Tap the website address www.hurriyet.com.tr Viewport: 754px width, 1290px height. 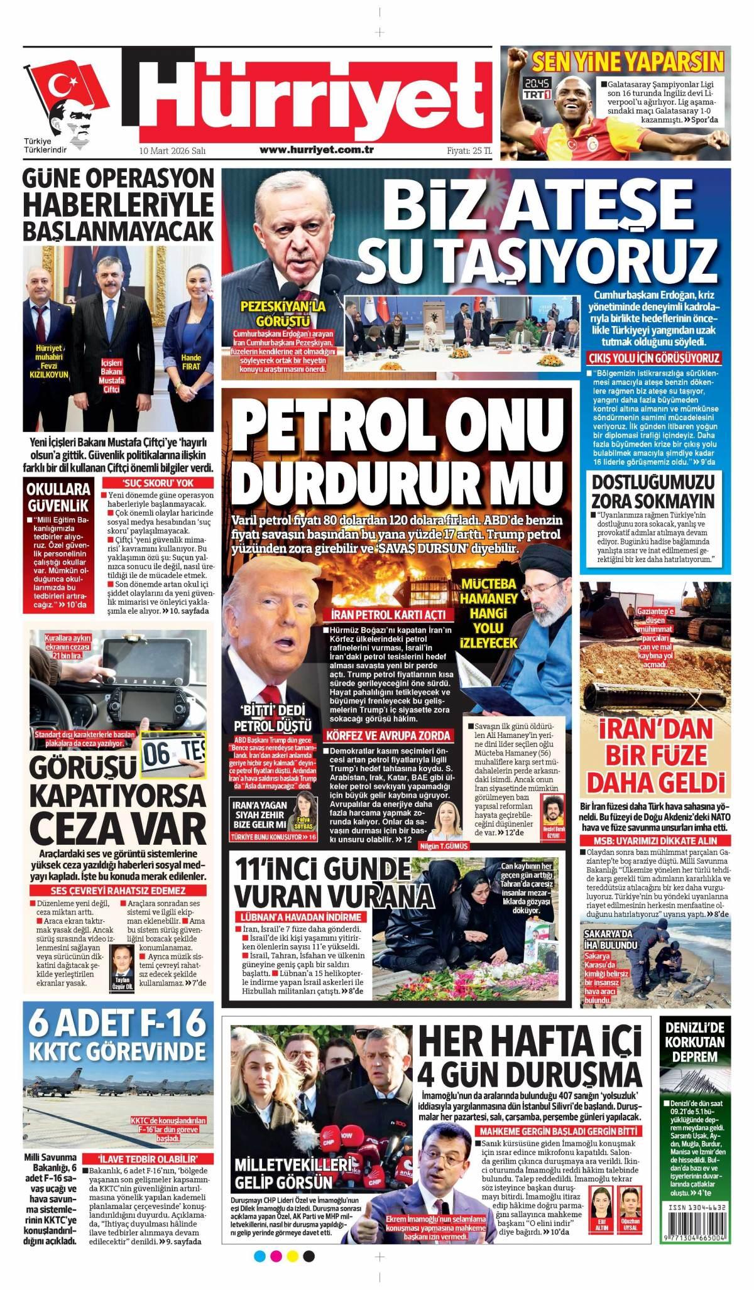pyautogui.click(x=317, y=149)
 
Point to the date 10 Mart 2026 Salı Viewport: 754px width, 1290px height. pyautogui.click(x=173, y=150)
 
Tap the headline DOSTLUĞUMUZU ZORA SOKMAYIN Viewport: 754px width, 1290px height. pyautogui.click(x=653, y=491)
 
